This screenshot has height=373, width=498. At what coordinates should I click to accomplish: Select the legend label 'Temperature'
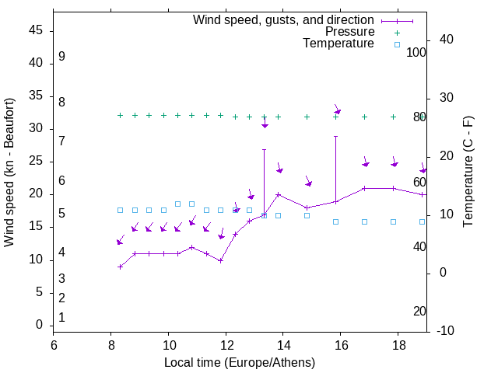tap(338, 44)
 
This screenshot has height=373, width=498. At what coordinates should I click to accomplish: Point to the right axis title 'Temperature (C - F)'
tap(468, 172)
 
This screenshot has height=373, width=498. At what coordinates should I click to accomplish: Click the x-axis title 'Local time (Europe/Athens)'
tap(240, 362)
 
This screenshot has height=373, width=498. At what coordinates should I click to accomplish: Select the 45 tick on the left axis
tap(35, 31)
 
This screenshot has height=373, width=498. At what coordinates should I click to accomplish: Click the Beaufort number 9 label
tap(61, 57)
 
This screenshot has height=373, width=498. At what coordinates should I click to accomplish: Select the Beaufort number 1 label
tap(61, 317)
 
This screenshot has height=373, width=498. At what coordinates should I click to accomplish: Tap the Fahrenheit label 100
tap(417, 52)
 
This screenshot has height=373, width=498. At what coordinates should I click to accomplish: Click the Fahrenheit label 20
tap(419, 311)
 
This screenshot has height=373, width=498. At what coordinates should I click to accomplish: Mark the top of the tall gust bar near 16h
tap(335, 136)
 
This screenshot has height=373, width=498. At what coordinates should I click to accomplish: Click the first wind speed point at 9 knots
tap(120, 267)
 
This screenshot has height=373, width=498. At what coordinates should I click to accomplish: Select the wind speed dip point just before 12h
tap(221, 260)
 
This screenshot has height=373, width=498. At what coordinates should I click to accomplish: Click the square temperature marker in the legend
tap(397, 44)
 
